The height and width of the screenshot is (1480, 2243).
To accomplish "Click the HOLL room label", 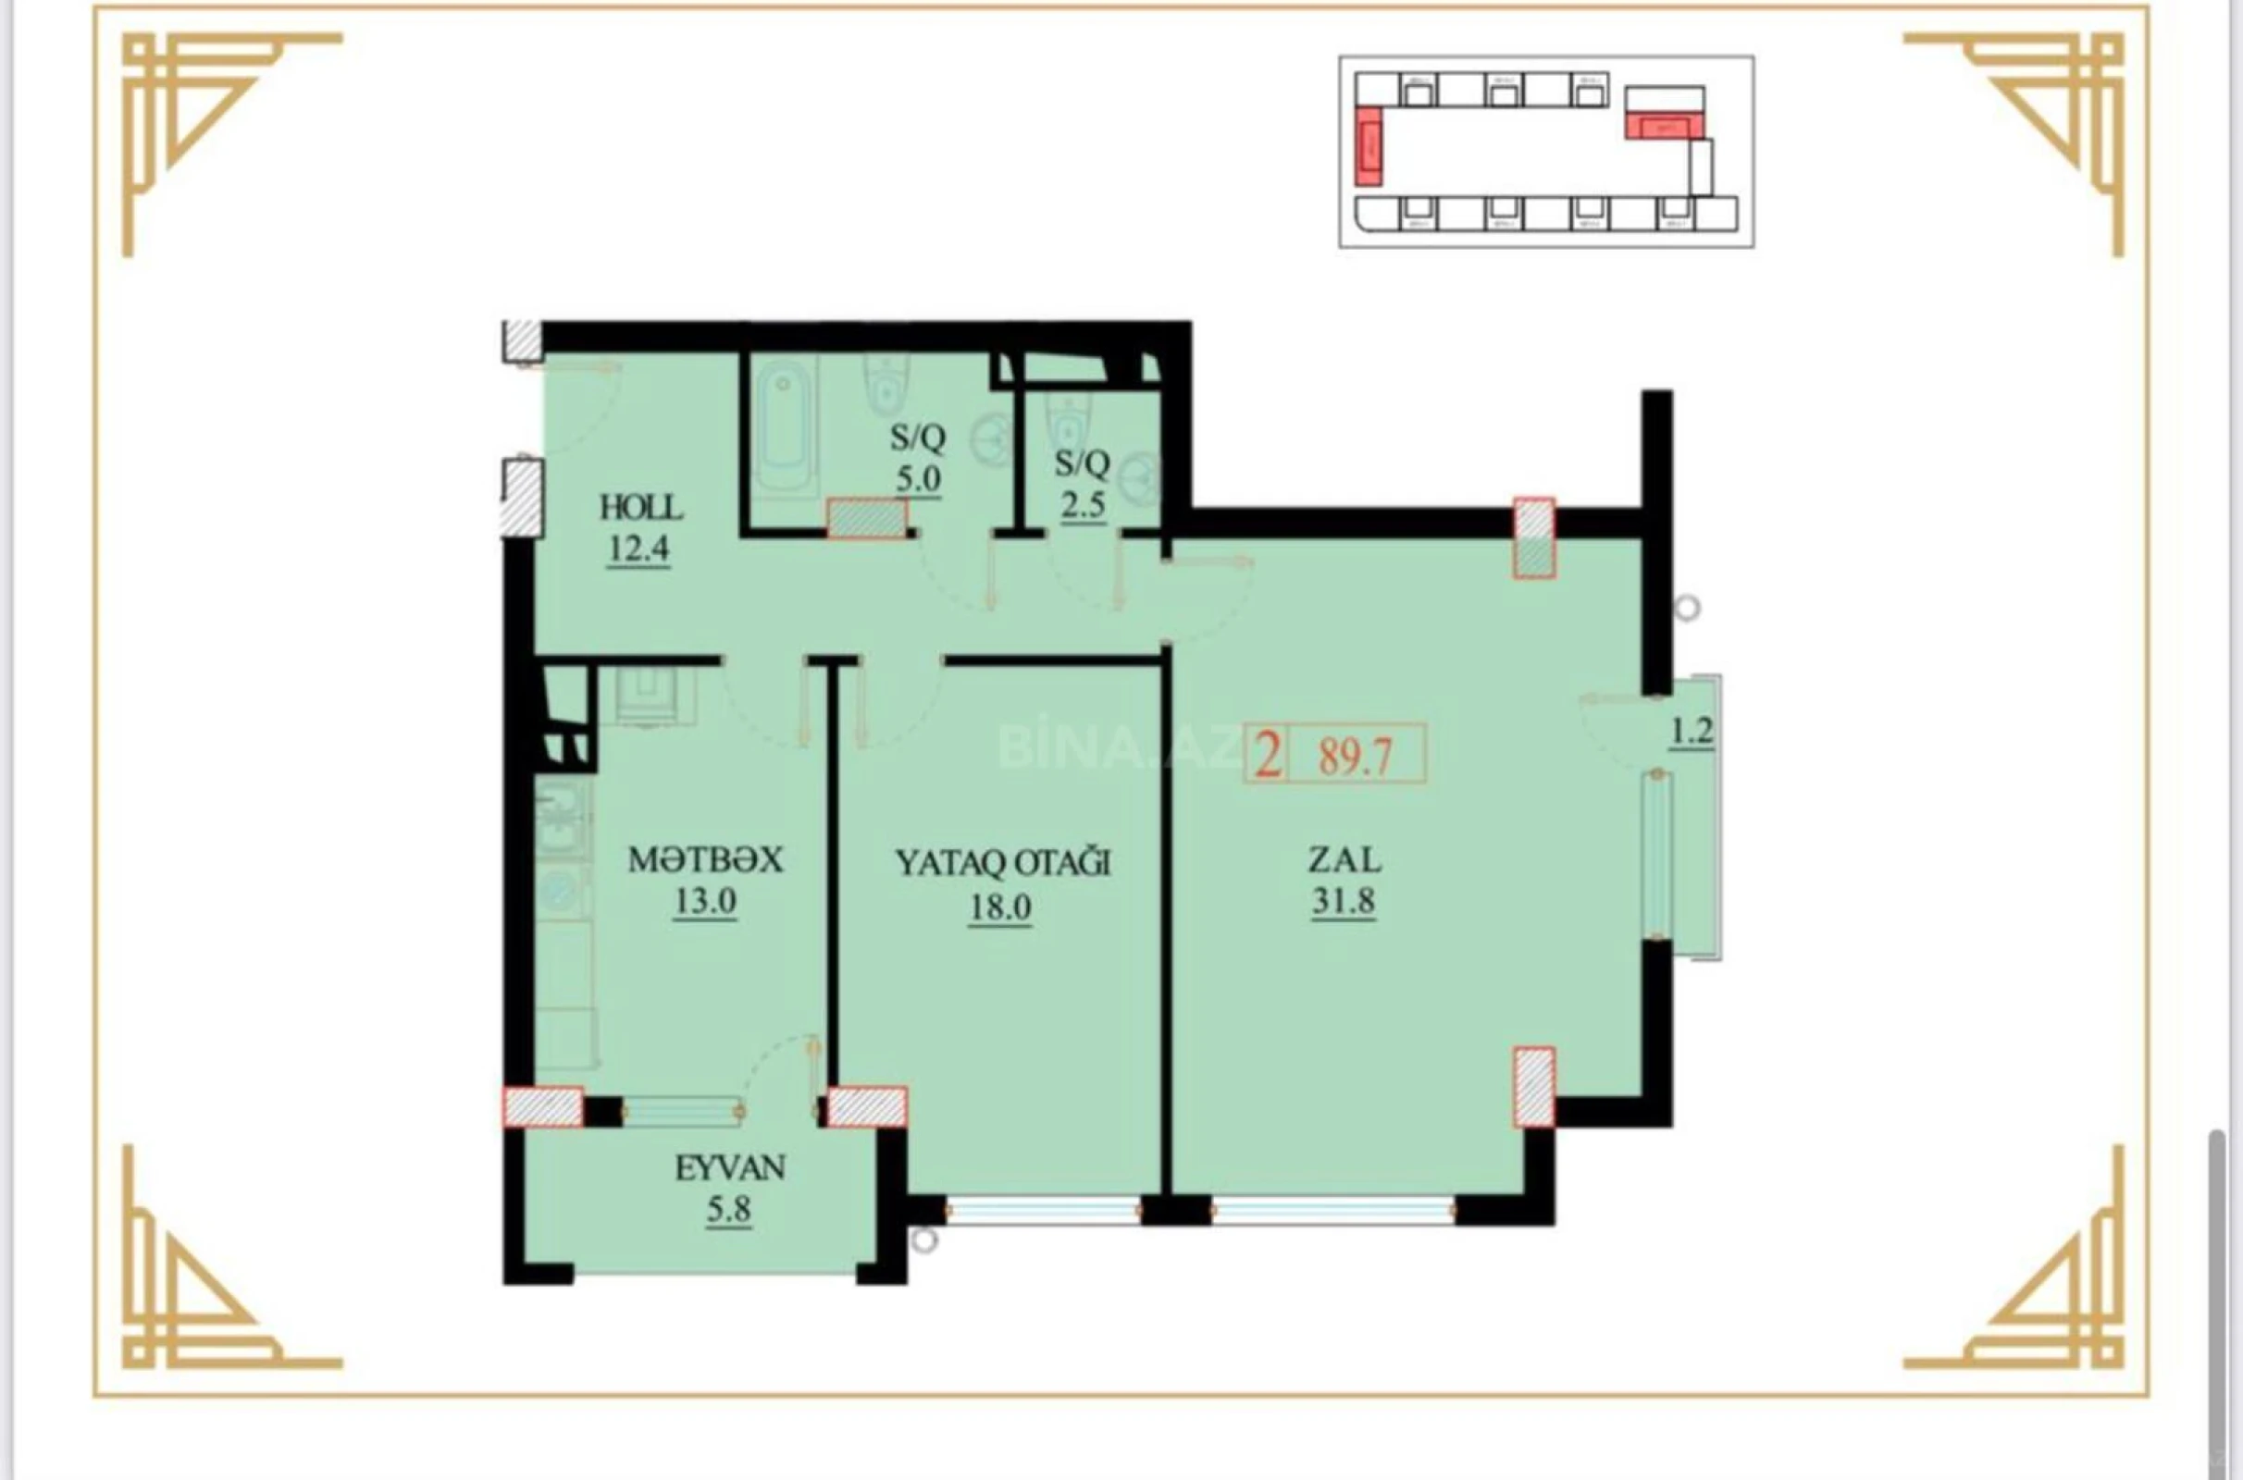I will (x=641, y=508).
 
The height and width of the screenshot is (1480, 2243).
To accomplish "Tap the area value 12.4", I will (x=638, y=549).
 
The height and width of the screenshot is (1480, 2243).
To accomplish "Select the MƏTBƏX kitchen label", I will (x=705, y=860).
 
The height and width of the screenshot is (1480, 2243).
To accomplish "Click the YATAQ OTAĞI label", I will (x=1001, y=863).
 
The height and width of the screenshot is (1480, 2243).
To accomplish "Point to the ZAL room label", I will (x=1344, y=860).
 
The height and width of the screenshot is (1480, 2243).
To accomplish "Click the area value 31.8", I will (x=1343, y=901).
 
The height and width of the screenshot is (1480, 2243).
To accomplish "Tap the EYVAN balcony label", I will (x=730, y=1168).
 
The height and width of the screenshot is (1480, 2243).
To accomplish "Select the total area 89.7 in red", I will (x=1356, y=756).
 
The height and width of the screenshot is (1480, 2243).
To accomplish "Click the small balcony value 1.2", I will (x=1692, y=732).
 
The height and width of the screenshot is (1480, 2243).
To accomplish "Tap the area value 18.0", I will (x=999, y=907).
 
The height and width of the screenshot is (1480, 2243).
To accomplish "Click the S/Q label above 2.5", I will (x=1082, y=463).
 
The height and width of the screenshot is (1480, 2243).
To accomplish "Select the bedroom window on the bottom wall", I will (x=1044, y=1210).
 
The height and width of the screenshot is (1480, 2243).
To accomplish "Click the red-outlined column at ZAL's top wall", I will (x=1534, y=538).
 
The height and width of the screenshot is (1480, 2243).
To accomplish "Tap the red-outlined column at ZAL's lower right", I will (x=1534, y=1086).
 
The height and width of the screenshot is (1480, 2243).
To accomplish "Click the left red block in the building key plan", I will (x=1368, y=146).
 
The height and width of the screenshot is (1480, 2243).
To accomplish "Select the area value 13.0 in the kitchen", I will (x=704, y=901).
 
